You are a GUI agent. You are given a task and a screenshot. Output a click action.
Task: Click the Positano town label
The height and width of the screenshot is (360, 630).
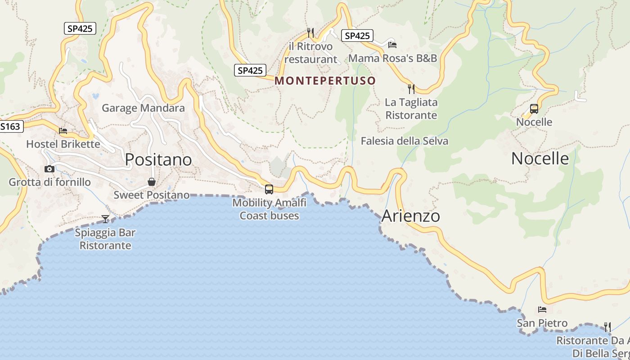[158, 160]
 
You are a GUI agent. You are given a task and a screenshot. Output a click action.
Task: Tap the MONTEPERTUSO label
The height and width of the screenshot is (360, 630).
[325, 81]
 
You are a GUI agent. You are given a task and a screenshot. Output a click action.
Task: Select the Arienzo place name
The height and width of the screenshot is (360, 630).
[410, 216]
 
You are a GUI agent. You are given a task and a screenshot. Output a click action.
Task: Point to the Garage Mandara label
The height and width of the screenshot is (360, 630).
[143, 108]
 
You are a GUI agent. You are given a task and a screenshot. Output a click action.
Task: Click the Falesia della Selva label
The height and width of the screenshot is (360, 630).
[405, 141]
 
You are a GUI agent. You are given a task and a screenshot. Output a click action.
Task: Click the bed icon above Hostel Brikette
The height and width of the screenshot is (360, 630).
[63, 131]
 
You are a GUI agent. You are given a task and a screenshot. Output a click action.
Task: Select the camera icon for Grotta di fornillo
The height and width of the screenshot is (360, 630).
[49, 169]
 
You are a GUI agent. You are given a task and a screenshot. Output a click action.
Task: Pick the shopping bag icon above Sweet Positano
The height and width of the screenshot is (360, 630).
[152, 182]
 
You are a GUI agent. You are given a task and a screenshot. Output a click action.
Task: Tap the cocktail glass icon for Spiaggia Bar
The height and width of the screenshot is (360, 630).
[105, 219]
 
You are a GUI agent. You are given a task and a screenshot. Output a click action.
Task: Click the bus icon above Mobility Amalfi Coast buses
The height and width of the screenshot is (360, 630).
[269, 189]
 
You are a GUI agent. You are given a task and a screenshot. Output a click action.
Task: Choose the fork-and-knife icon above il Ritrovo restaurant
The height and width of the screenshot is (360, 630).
[310, 32]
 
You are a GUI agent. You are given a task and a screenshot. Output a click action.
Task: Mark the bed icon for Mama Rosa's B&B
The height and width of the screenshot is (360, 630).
[392, 45]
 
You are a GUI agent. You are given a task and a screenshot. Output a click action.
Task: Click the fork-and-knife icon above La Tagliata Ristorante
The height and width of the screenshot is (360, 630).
[411, 89]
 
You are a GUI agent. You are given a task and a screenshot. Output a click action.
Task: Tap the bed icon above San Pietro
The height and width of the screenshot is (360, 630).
[542, 310]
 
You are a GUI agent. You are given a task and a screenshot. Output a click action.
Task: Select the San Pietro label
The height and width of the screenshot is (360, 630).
[542, 323]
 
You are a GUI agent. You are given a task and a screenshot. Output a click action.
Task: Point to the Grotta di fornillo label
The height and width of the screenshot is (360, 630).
[49, 182]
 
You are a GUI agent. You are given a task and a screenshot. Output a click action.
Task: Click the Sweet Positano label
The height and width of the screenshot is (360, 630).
[151, 195]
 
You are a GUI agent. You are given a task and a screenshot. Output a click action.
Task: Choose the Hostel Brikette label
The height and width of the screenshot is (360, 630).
[63, 144]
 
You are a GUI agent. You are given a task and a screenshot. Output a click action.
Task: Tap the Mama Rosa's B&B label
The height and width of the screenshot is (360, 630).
[392, 58]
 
